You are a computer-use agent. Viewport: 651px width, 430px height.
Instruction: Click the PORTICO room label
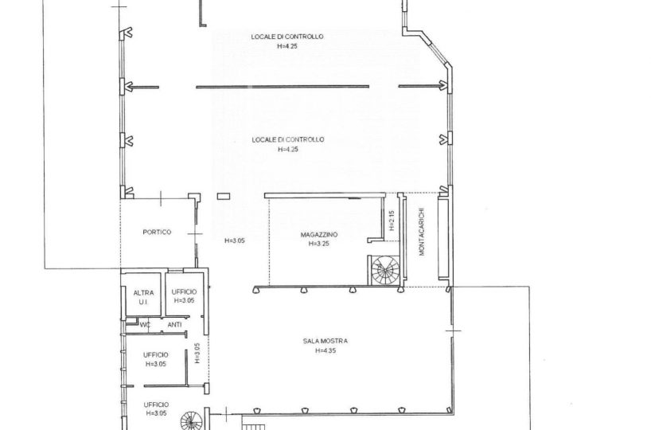point(157,232)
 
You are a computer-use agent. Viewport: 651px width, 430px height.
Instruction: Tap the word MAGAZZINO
point(319,235)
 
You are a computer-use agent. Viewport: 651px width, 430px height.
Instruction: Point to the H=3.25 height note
point(319,244)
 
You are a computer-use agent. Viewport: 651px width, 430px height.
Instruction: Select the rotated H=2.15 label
point(392,221)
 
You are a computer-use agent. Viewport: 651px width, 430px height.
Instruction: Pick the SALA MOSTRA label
point(325,341)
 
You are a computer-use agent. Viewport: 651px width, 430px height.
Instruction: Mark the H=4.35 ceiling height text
point(325,350)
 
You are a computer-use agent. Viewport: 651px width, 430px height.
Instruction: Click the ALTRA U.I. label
point(143,298)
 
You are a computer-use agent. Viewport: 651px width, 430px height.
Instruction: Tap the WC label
point(145,325)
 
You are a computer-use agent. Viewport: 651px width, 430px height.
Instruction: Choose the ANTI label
point(174,325)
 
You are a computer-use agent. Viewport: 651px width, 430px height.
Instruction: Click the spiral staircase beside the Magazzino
point(385,271)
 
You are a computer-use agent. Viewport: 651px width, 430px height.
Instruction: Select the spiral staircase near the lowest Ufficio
point(192,420)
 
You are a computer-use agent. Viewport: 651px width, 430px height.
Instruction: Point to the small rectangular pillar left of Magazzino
point(224,196)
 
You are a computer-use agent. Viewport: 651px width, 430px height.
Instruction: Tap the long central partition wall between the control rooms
point(283,87)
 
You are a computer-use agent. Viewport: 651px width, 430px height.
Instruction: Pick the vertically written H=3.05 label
point(197,353)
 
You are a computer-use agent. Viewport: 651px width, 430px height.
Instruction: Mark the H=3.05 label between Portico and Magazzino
point(235,240)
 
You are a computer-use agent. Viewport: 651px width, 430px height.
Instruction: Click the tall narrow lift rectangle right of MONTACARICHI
point(443,238)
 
